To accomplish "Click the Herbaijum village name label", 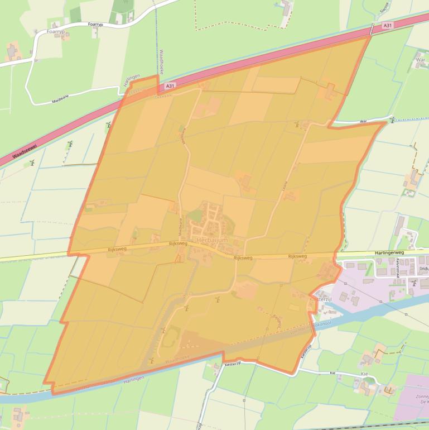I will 212,240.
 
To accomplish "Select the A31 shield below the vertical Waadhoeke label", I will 170,86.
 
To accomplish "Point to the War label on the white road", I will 363,121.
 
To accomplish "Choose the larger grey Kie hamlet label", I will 365,374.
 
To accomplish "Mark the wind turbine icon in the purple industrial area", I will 413,284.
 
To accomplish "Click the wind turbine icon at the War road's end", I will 392,120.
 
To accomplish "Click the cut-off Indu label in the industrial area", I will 423,269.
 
